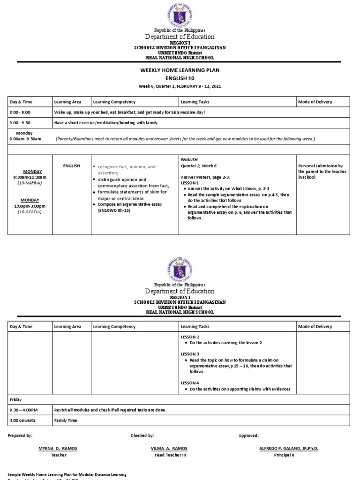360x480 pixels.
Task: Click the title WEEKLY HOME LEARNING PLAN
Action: coord(180,70)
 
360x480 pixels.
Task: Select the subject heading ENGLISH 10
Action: coord(180,78)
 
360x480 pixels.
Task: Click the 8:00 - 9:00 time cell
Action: coord(20,112)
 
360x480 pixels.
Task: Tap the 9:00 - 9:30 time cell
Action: coord(20,123)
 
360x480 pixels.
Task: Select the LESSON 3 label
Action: coord(190,354)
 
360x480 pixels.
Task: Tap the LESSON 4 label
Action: coord(190,383)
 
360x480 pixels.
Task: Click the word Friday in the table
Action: coord(16,399)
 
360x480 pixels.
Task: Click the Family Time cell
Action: coord(66,420)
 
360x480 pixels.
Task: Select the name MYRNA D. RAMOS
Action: coord(58,449)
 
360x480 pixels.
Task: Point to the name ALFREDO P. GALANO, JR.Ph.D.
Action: coord(288,449)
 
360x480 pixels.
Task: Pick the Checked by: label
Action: coord(142,435)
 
